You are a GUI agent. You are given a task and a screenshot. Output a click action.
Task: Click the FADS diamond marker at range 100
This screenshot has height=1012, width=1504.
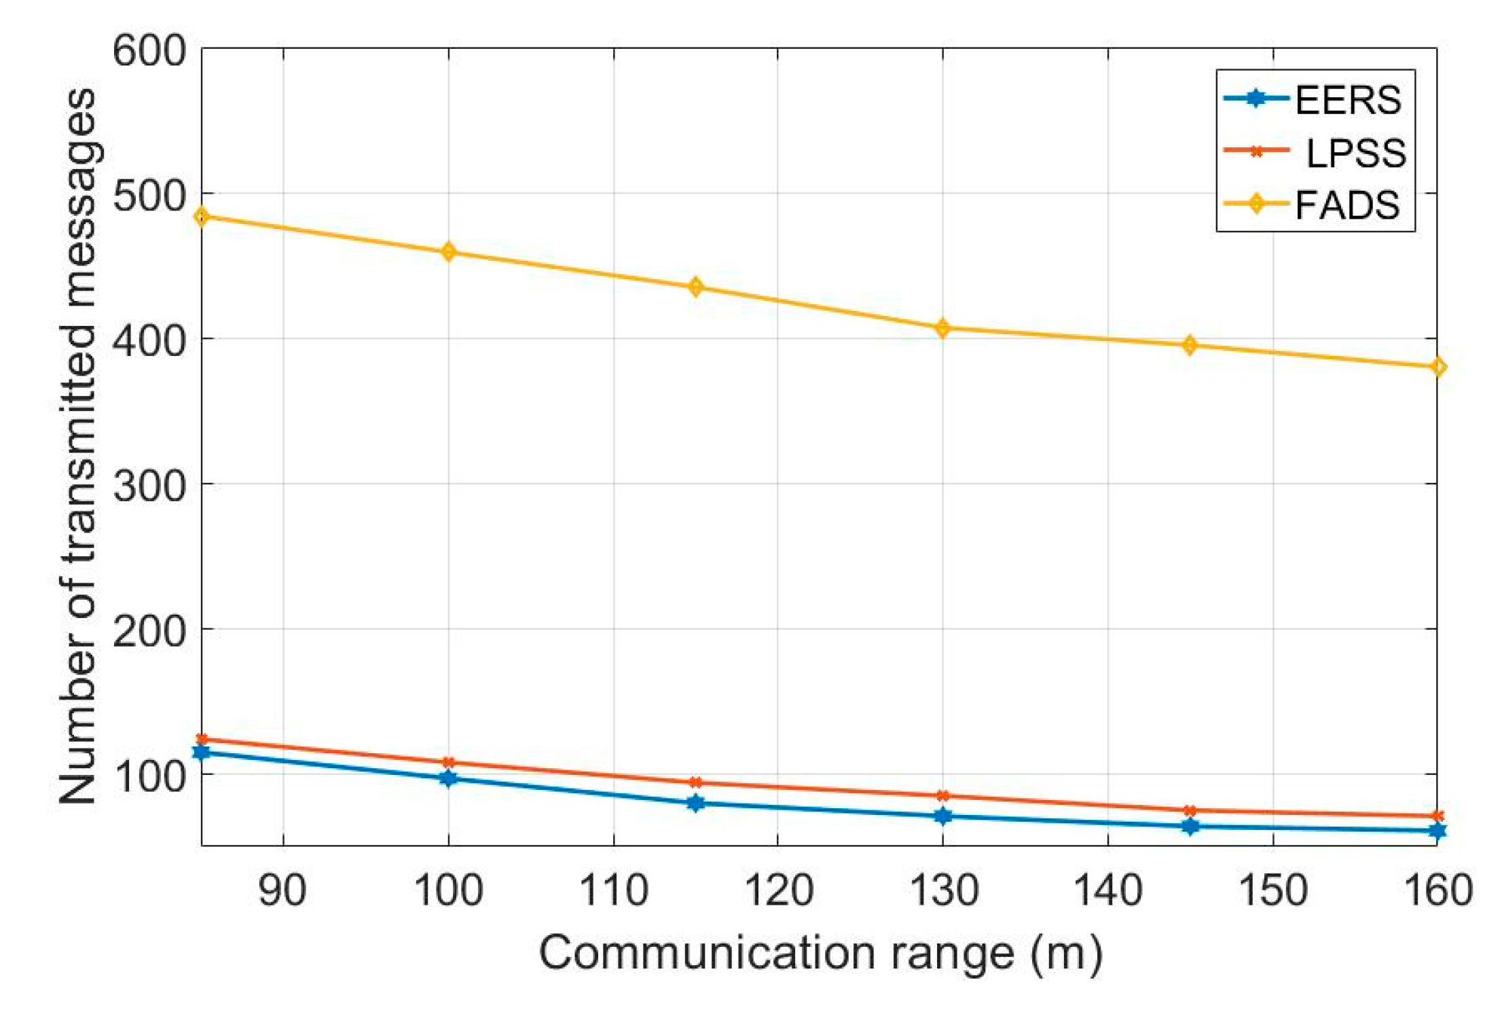tap(448, 252)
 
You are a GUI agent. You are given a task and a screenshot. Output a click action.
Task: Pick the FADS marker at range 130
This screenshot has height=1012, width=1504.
tap(942, 328)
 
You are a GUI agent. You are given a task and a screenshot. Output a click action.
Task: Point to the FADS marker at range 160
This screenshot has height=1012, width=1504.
tap(1437, 367)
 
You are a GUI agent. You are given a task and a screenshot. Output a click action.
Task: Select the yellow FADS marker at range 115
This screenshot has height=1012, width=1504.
tap(695, 287)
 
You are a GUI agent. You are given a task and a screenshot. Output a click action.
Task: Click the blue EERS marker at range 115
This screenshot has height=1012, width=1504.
tap(695, 803)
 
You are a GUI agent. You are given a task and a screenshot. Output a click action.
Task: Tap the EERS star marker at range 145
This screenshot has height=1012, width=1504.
tap(1190, 827)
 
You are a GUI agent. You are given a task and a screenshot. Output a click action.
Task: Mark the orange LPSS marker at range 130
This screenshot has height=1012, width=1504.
tap(942, 795)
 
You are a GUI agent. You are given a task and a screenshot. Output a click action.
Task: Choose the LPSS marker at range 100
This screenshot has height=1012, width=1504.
tap(448, 762)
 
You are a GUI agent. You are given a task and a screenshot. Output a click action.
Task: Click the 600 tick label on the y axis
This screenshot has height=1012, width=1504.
tap(149, 51)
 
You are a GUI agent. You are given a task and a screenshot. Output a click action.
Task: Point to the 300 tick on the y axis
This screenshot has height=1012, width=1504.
tap(149, 486)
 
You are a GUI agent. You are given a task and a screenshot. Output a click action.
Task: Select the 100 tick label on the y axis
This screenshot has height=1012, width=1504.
tap(149, 776)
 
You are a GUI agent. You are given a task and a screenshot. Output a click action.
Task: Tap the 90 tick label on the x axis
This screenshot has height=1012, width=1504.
tap(282, 890)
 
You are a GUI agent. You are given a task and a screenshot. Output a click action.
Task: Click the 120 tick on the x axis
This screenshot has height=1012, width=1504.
tap(778, 890)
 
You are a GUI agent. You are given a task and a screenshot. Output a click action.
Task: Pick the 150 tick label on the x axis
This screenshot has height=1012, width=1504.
tap(1272, 890)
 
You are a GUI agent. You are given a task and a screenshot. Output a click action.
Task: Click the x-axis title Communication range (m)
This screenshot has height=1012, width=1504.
tap(820, 953)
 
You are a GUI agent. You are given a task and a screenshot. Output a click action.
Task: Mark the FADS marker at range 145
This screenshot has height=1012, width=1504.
tap(1190, 345)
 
